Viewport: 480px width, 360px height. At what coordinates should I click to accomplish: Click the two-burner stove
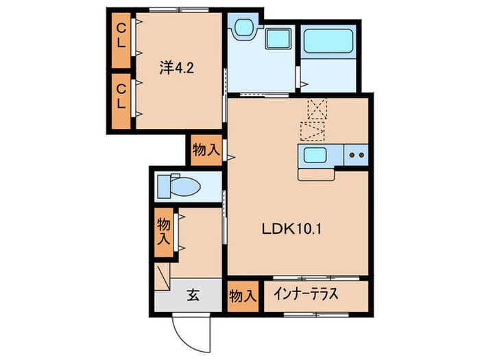point(357,156)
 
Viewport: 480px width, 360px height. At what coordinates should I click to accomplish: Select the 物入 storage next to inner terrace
point(242,296)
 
